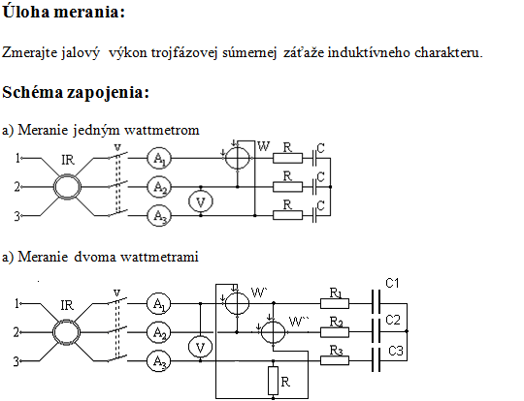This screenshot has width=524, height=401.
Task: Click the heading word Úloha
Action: pyautogui.click(x=26, y=12)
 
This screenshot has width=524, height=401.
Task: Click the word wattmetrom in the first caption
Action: pyautogui.click(x=162, y=130)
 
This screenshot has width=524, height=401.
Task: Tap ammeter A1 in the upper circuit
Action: pyautogui.click(x=159, y=158)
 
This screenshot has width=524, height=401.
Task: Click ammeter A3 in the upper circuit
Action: pyautogui.click(x=159, y=215)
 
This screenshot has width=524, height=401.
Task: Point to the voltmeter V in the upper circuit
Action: pyautogui.click(x=201, y=201)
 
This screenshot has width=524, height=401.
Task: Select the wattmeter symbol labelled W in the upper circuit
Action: pyautogui.click(x=238, y=158)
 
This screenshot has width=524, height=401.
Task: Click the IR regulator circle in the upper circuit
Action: pyautogui.click(x=68, y=187)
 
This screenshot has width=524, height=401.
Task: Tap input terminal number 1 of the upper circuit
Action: pyautogui.click(x=18, y=158)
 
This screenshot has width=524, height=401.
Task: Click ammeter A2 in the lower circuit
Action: pyautogui.click(x=159, y=332)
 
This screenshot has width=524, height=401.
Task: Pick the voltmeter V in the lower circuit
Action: pyautogui.click(x=200, y=347)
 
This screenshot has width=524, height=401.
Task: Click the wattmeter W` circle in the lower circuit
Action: pyautogui.click(x=238, y=303)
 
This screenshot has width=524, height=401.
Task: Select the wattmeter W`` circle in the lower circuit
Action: pyautogui.click(x=273, y=332)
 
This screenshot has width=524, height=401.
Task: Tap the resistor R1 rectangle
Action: pyautogui.click(x=335, y=303)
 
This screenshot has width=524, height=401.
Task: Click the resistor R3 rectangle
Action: pyautogui.click(x=335, y=360)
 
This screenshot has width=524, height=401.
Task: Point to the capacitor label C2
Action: pyautogui.click(x=393, y=320)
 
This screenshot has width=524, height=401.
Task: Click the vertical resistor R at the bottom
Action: pyautogui.click(x=273, y=381)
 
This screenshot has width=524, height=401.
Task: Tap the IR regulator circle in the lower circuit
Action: pyautogui.click(x=67, y=332)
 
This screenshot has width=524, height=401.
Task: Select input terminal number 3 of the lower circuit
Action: pyautogui.click(x=16, y=361)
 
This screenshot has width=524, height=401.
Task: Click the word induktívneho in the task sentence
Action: pyautogui.click(x=369, y=52)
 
